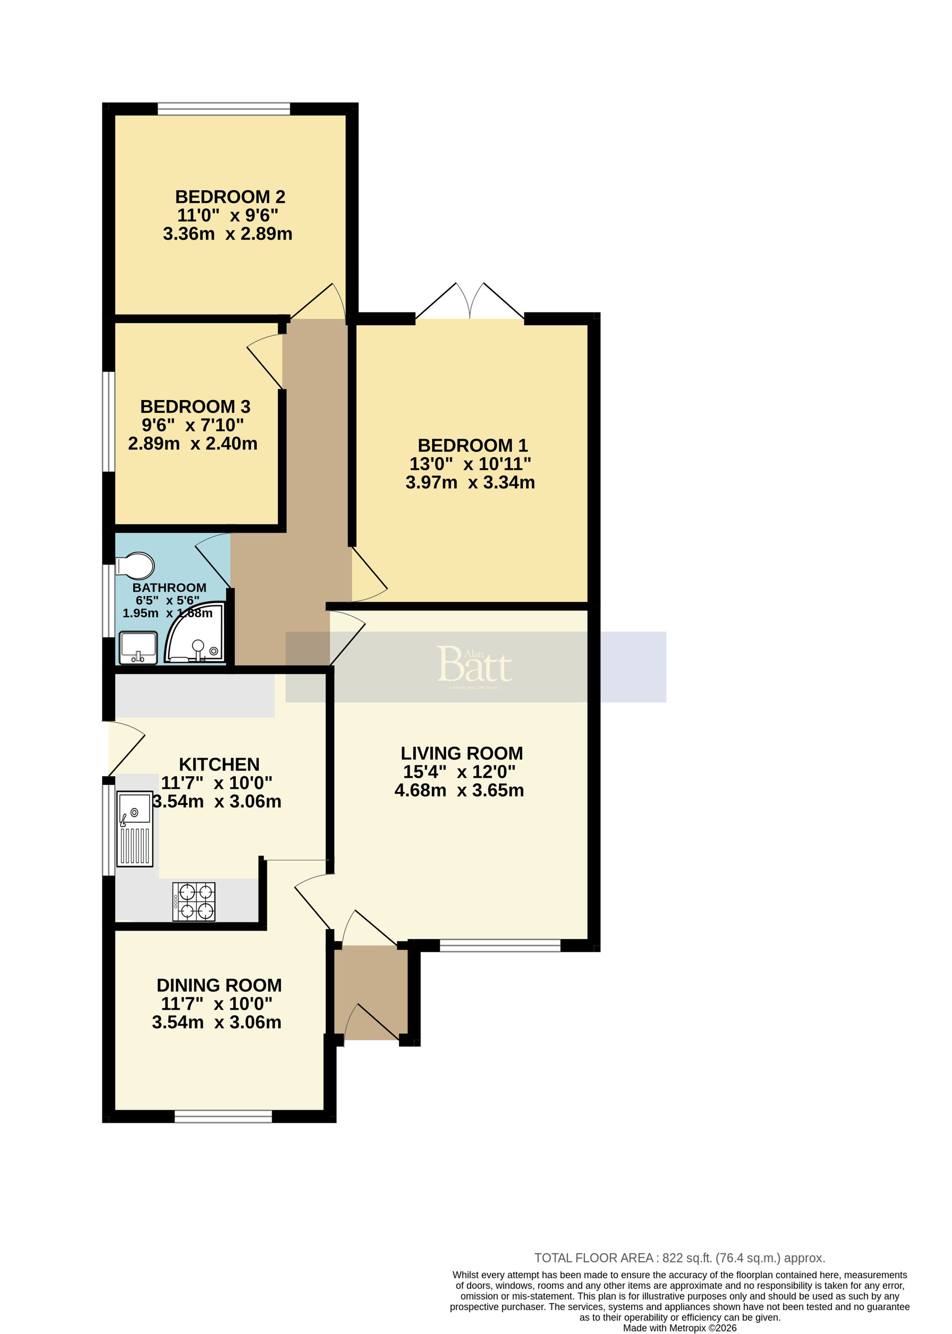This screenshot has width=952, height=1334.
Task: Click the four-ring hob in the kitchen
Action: point(194,901)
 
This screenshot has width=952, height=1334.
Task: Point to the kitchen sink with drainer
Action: point(135,829)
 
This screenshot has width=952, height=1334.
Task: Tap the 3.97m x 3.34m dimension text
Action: point(470,482)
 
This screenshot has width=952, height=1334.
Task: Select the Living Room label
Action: point(461,753)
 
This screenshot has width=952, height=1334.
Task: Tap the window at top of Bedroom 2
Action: point(224,109)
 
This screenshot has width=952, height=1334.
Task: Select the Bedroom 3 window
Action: point(109,421)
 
